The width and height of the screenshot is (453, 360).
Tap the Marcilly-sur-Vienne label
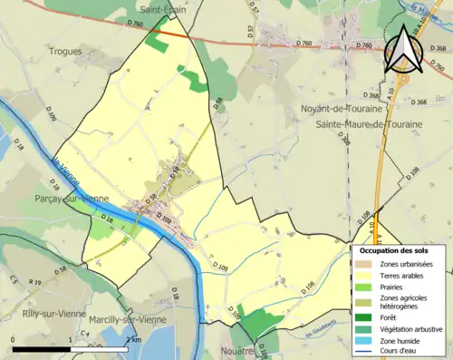click(130, 320)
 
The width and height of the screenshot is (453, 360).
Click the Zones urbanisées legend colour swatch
click(361, 264)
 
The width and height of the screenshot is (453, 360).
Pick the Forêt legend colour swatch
click(361, 316)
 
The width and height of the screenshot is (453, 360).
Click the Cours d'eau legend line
click(361, 352)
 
